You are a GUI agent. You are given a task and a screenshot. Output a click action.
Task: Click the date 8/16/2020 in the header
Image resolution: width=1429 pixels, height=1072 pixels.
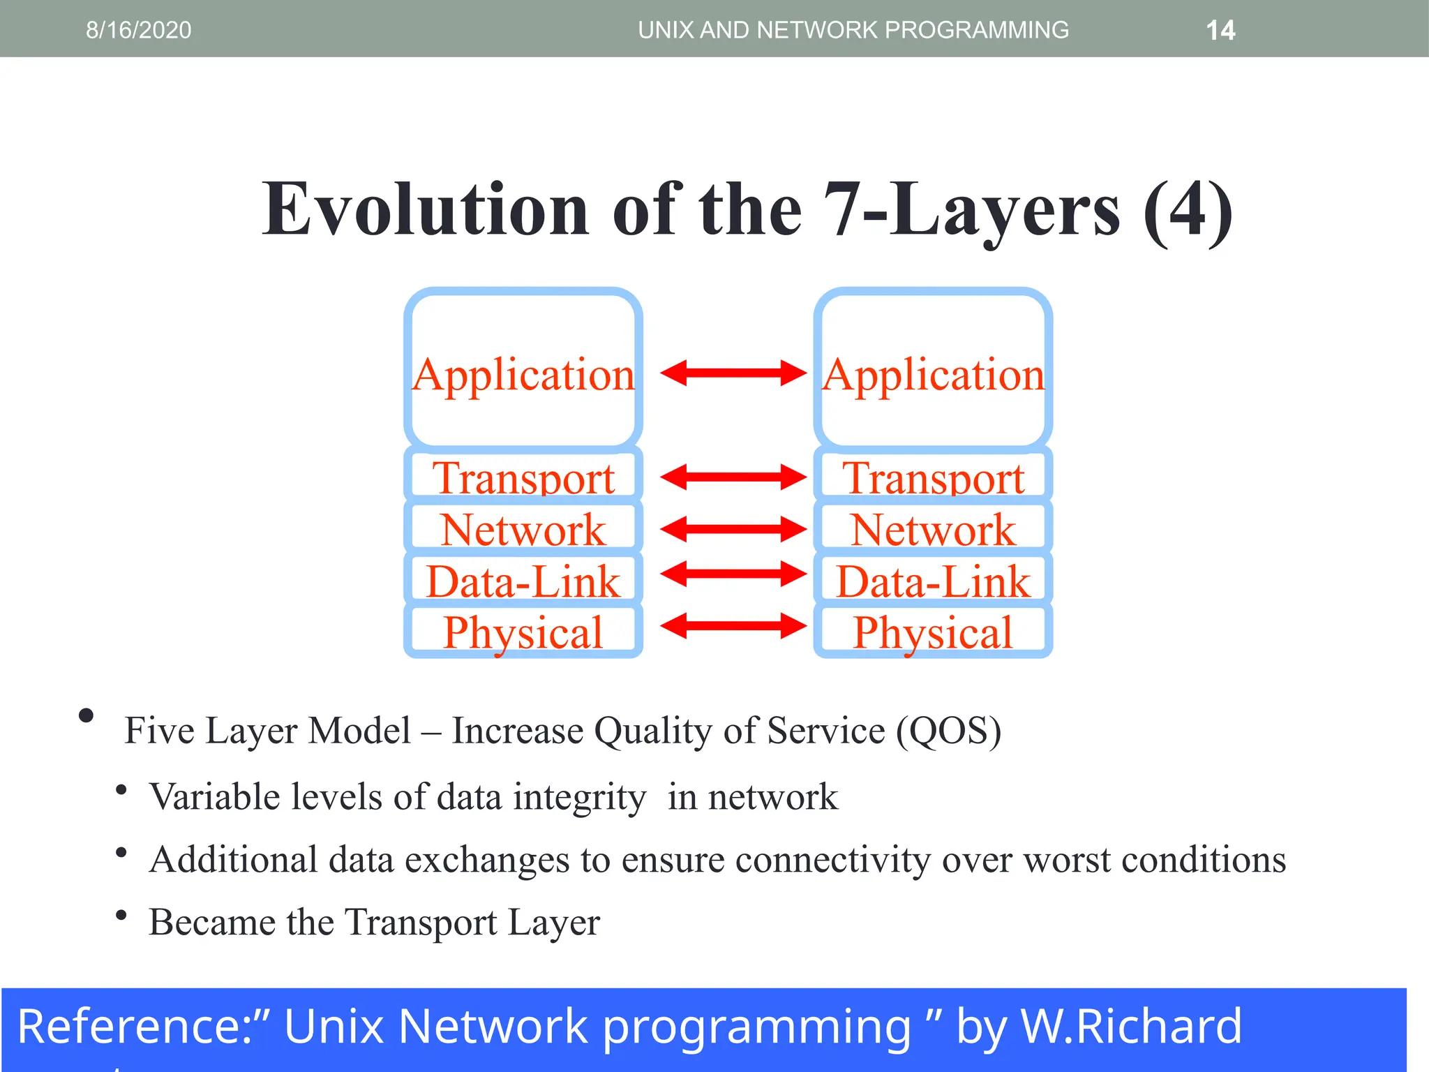coord(138,30)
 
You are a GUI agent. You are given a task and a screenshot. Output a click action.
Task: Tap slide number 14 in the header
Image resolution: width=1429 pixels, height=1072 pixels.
coord(1220,30)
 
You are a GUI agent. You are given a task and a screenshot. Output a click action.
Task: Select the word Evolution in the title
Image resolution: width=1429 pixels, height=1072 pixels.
coord(425,209)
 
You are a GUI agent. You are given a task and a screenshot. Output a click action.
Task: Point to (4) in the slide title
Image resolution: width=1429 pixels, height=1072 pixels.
coord(1187,209)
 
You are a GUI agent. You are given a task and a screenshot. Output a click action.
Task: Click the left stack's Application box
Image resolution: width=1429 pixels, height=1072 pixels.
coord(523,368)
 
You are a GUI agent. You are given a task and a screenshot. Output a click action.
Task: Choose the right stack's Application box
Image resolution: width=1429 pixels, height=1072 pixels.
coord(933,368)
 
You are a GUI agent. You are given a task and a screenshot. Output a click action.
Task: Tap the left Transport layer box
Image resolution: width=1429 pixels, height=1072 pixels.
coord(523,477)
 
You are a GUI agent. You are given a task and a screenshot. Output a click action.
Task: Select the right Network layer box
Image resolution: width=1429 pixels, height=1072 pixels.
coord(933,528)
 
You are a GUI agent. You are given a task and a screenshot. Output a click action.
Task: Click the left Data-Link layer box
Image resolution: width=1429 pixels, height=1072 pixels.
coord(523,581)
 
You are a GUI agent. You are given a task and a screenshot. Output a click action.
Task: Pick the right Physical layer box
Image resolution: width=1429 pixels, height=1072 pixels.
coord(933,632)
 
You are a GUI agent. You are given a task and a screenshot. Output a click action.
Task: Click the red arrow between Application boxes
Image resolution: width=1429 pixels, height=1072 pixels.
coord(733,373)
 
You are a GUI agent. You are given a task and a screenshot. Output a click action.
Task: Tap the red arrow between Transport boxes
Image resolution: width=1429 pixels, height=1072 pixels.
coord(733,477)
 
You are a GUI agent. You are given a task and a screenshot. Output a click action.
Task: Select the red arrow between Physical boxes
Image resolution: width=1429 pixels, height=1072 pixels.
coord(733,625)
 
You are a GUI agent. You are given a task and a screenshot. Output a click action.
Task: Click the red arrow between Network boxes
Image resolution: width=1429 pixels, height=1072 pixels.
coord(733,529)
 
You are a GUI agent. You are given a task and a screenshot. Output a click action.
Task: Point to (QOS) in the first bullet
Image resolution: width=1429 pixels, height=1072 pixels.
coord(948,731)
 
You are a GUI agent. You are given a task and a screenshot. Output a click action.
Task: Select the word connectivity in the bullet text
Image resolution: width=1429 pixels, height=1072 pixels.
coord(832,859)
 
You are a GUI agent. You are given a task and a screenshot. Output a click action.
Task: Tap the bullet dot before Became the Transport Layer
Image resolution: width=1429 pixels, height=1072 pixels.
coord(121,915)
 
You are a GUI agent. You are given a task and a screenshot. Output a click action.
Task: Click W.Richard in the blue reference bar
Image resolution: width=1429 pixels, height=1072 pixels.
coord(1130,1027)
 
